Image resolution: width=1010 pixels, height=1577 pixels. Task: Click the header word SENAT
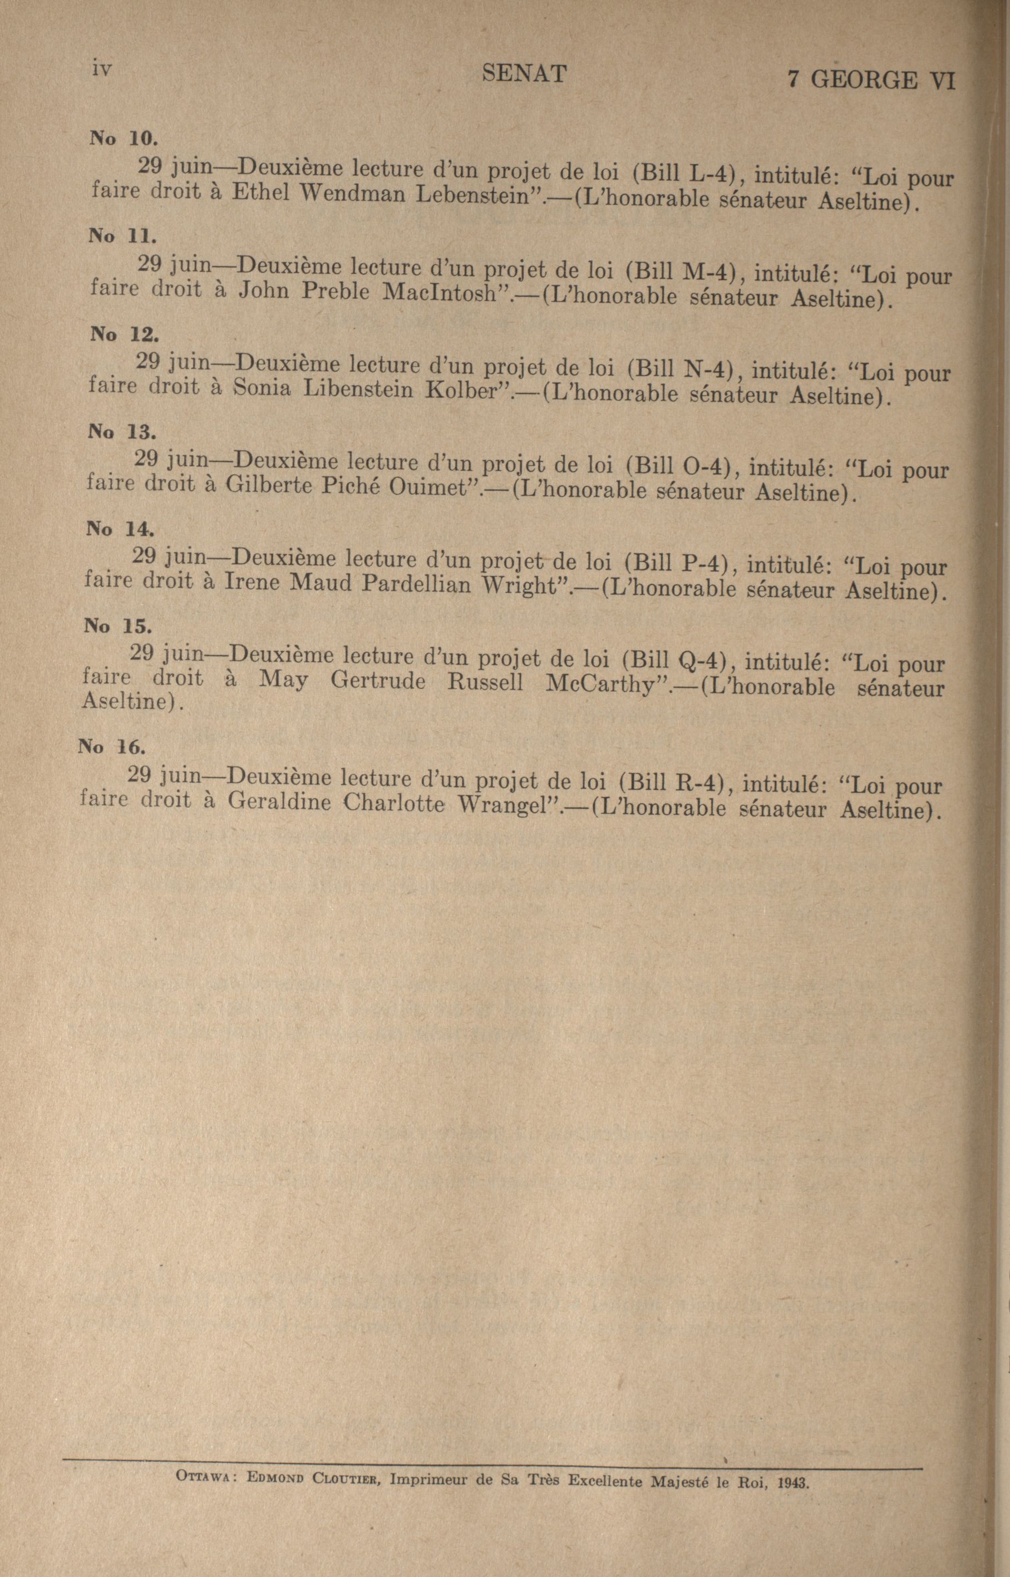pyautogui.click(x=523, y=74)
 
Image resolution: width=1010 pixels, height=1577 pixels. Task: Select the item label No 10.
pyautogui.click(x=124, y=139)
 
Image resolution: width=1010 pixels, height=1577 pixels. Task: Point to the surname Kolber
pyautogui.click(x=463, y=391)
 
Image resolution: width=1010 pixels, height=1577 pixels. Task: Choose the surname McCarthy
pyautogui.click(x=602, y=684)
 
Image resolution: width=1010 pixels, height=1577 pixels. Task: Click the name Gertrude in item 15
pyautogui.click(x=378, y=682)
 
